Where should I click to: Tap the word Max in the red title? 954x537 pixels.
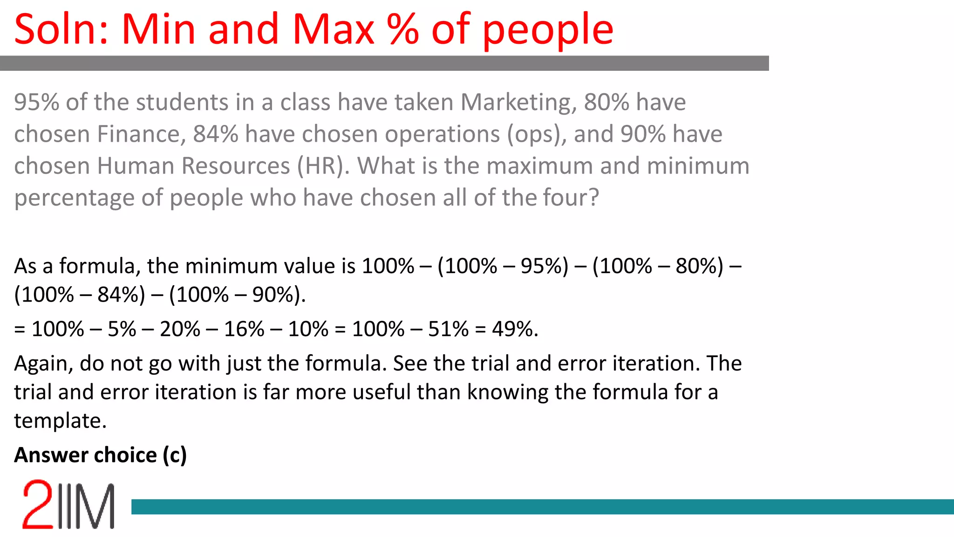[x=333, y=30]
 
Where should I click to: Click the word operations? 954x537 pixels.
[x=442, y=134]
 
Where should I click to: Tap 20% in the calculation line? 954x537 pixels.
[x=180, y=329]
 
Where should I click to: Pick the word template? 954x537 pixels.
[x=60, y=421]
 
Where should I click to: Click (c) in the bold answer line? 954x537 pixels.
[x=175, y=455]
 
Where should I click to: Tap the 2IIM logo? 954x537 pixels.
[x=68, y=505]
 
